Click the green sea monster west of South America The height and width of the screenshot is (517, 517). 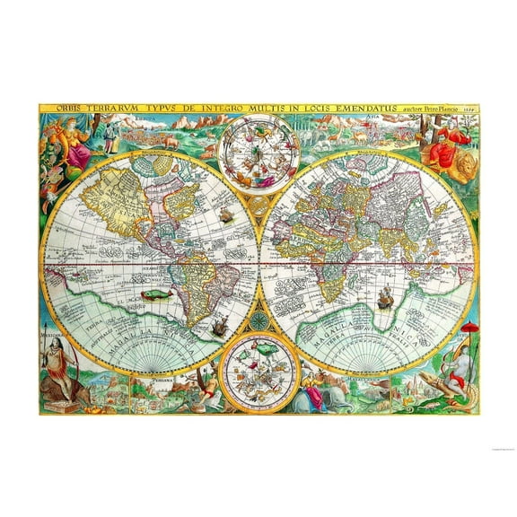point(150,294)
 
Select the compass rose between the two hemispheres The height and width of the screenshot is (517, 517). point(258,318)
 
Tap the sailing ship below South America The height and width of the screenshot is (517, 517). point(217,331)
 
